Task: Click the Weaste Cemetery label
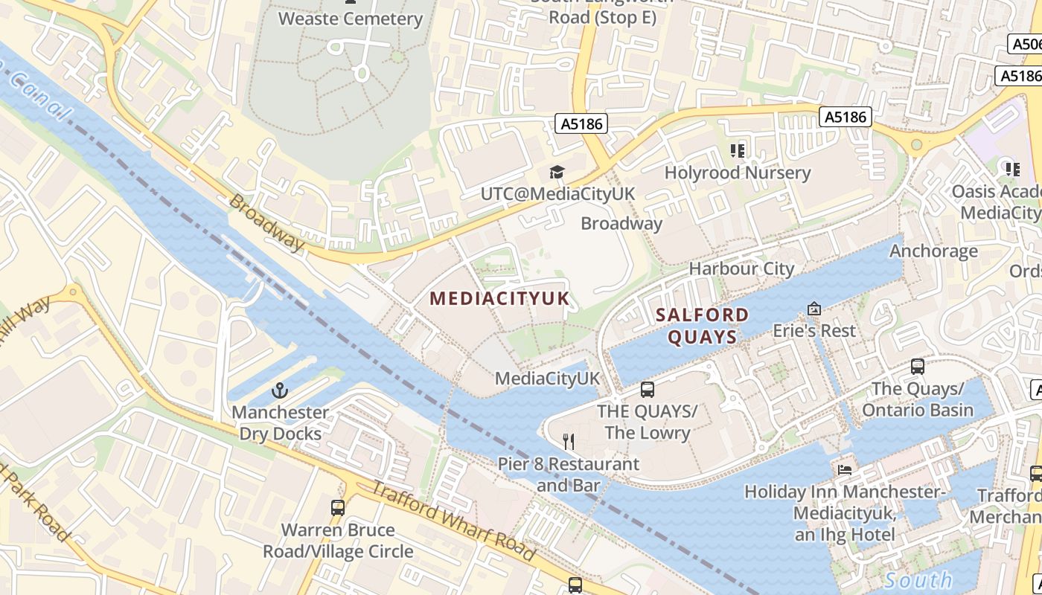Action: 351,19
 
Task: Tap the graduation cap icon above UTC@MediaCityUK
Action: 557,173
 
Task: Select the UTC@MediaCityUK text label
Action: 557,193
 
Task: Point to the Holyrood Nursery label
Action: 737,173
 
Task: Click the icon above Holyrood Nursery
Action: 738,152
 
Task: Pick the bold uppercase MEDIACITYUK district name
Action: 499,299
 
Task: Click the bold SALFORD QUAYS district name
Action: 702,326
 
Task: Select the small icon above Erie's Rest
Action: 814,308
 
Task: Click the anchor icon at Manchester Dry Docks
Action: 280,390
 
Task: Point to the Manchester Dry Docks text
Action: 280,422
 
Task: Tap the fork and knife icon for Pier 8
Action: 569,442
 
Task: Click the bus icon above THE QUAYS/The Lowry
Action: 648,389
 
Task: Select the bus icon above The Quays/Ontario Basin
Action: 918,367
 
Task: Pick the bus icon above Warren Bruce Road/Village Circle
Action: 338,508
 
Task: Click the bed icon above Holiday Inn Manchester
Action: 845,469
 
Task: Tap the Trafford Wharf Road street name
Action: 453,521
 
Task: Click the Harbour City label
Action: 741,268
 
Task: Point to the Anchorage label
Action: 933,251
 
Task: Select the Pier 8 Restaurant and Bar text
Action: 568,475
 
